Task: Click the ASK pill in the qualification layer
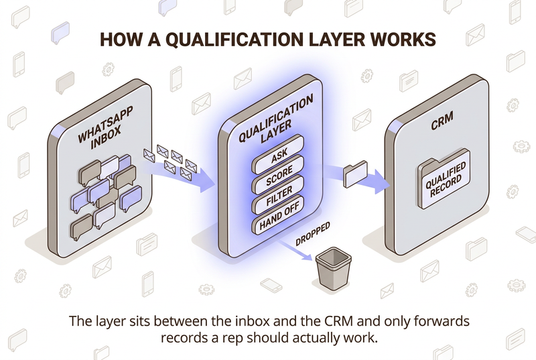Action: click(x=278, y=155)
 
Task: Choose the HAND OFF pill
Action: click(x=278, y=215)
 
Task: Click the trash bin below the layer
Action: click(x=333, y=269)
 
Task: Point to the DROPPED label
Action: click(x=313, y=233)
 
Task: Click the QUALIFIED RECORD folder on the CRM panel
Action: click(x=444, y=179)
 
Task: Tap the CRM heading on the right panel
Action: click(x=442, y=121)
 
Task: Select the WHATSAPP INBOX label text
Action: click(x=104, y=128)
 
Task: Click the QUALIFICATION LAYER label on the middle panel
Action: click(x=276, y=121)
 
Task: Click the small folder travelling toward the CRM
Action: click(x=356, y=174)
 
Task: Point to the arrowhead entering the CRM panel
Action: click(x=381, y=181)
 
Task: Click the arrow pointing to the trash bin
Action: click(x=294, y=250)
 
